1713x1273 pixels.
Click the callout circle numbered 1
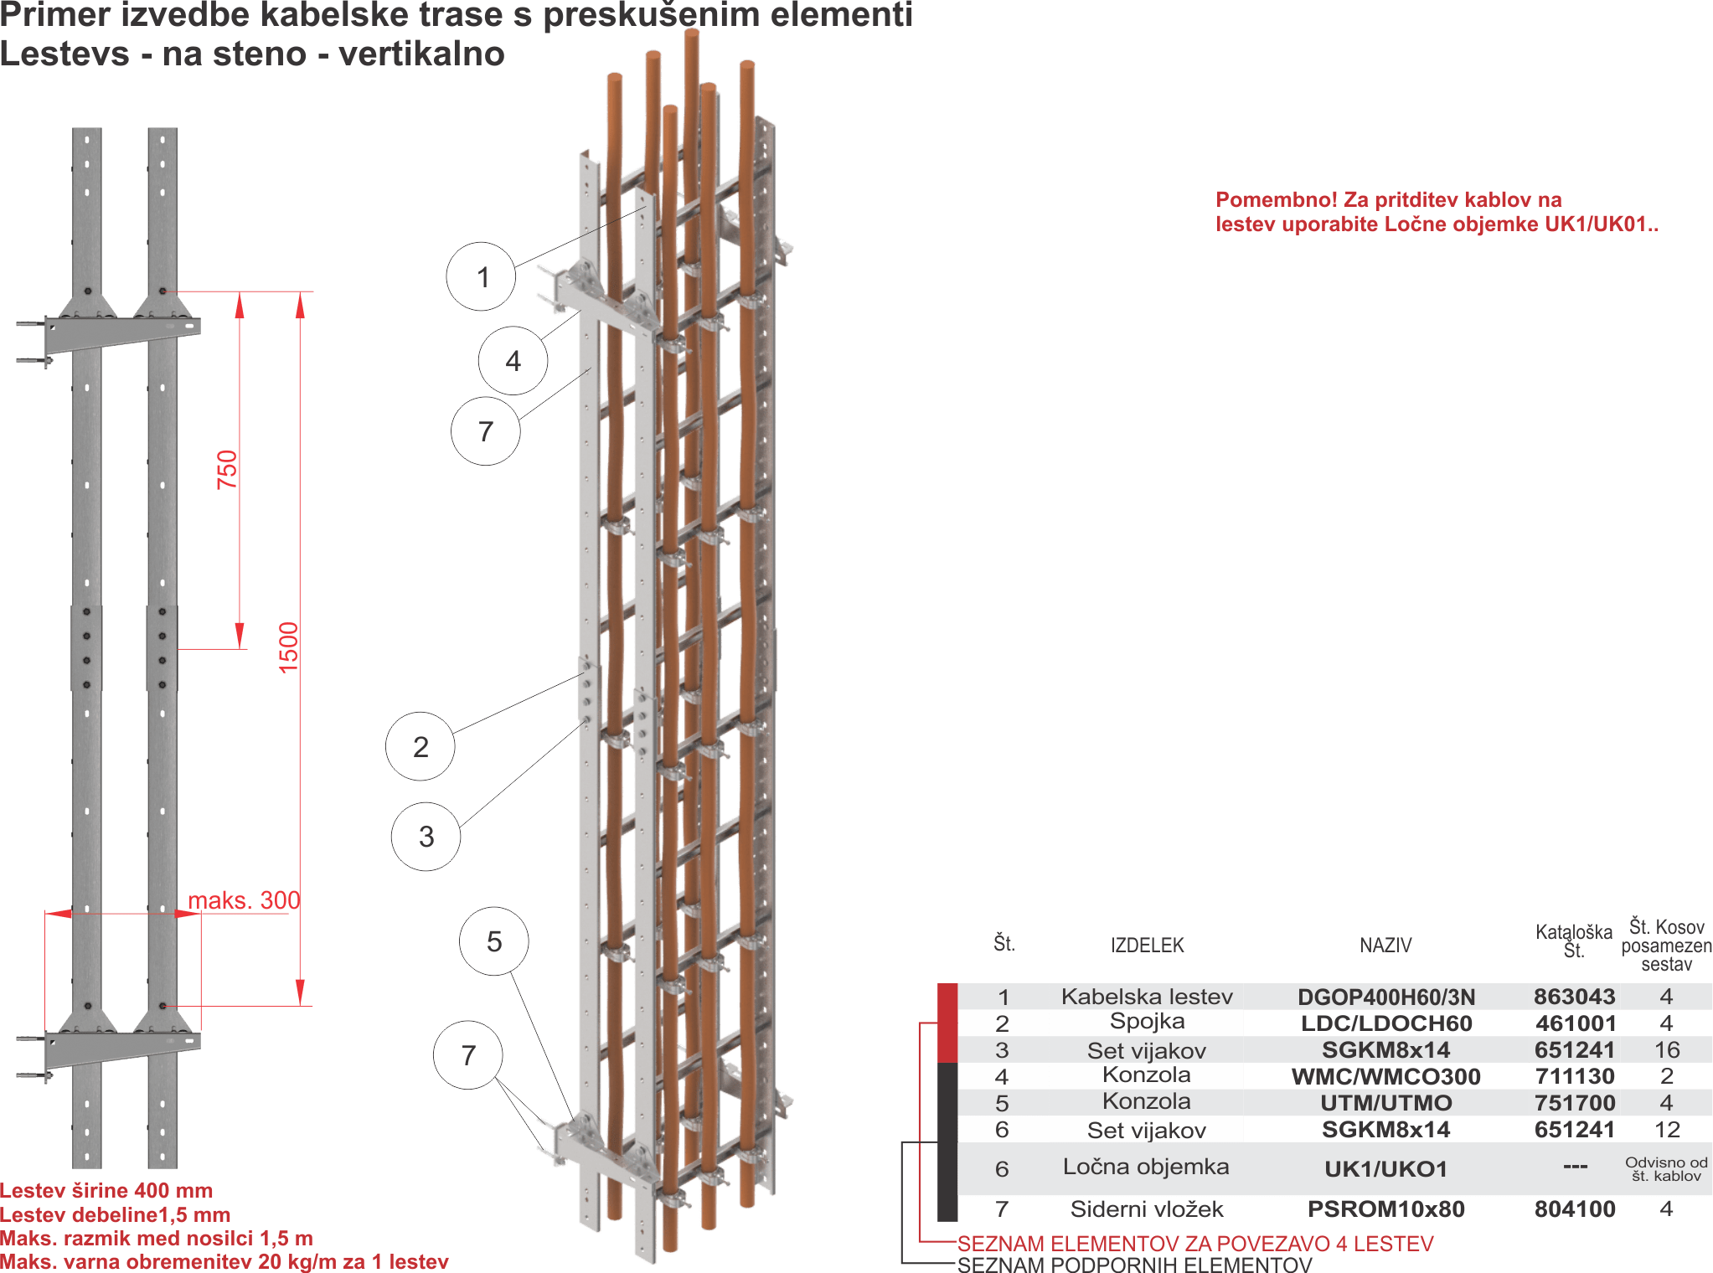481,276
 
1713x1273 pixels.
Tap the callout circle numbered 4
513,361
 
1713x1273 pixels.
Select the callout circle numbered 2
420,746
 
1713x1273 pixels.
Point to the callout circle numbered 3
426,836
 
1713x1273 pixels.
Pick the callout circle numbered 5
493,941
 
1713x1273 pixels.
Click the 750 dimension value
227,470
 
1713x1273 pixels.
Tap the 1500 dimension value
288,647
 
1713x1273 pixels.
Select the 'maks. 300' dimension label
244,900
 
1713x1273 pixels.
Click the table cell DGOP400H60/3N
1385,997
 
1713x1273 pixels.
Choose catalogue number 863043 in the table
1574,997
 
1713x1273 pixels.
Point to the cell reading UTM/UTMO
1385,1103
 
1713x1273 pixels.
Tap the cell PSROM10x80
1385,1209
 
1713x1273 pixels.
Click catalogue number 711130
1574,1076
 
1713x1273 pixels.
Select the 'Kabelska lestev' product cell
1146,997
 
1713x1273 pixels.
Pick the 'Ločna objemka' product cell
1146,1167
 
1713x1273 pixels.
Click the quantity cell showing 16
1666,1049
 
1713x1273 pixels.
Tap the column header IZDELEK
1147,946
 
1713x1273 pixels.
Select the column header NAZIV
1385,946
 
